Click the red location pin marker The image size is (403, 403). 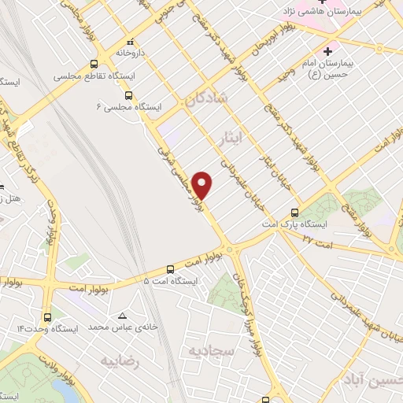[203, 185]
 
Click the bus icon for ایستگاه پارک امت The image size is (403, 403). [294, 212]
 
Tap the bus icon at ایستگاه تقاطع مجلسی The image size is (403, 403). [94, 65]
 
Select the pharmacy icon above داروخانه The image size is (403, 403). [131, 41]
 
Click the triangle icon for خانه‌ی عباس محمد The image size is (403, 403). [122, 313]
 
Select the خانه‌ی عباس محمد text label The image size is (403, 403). [123, 326]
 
